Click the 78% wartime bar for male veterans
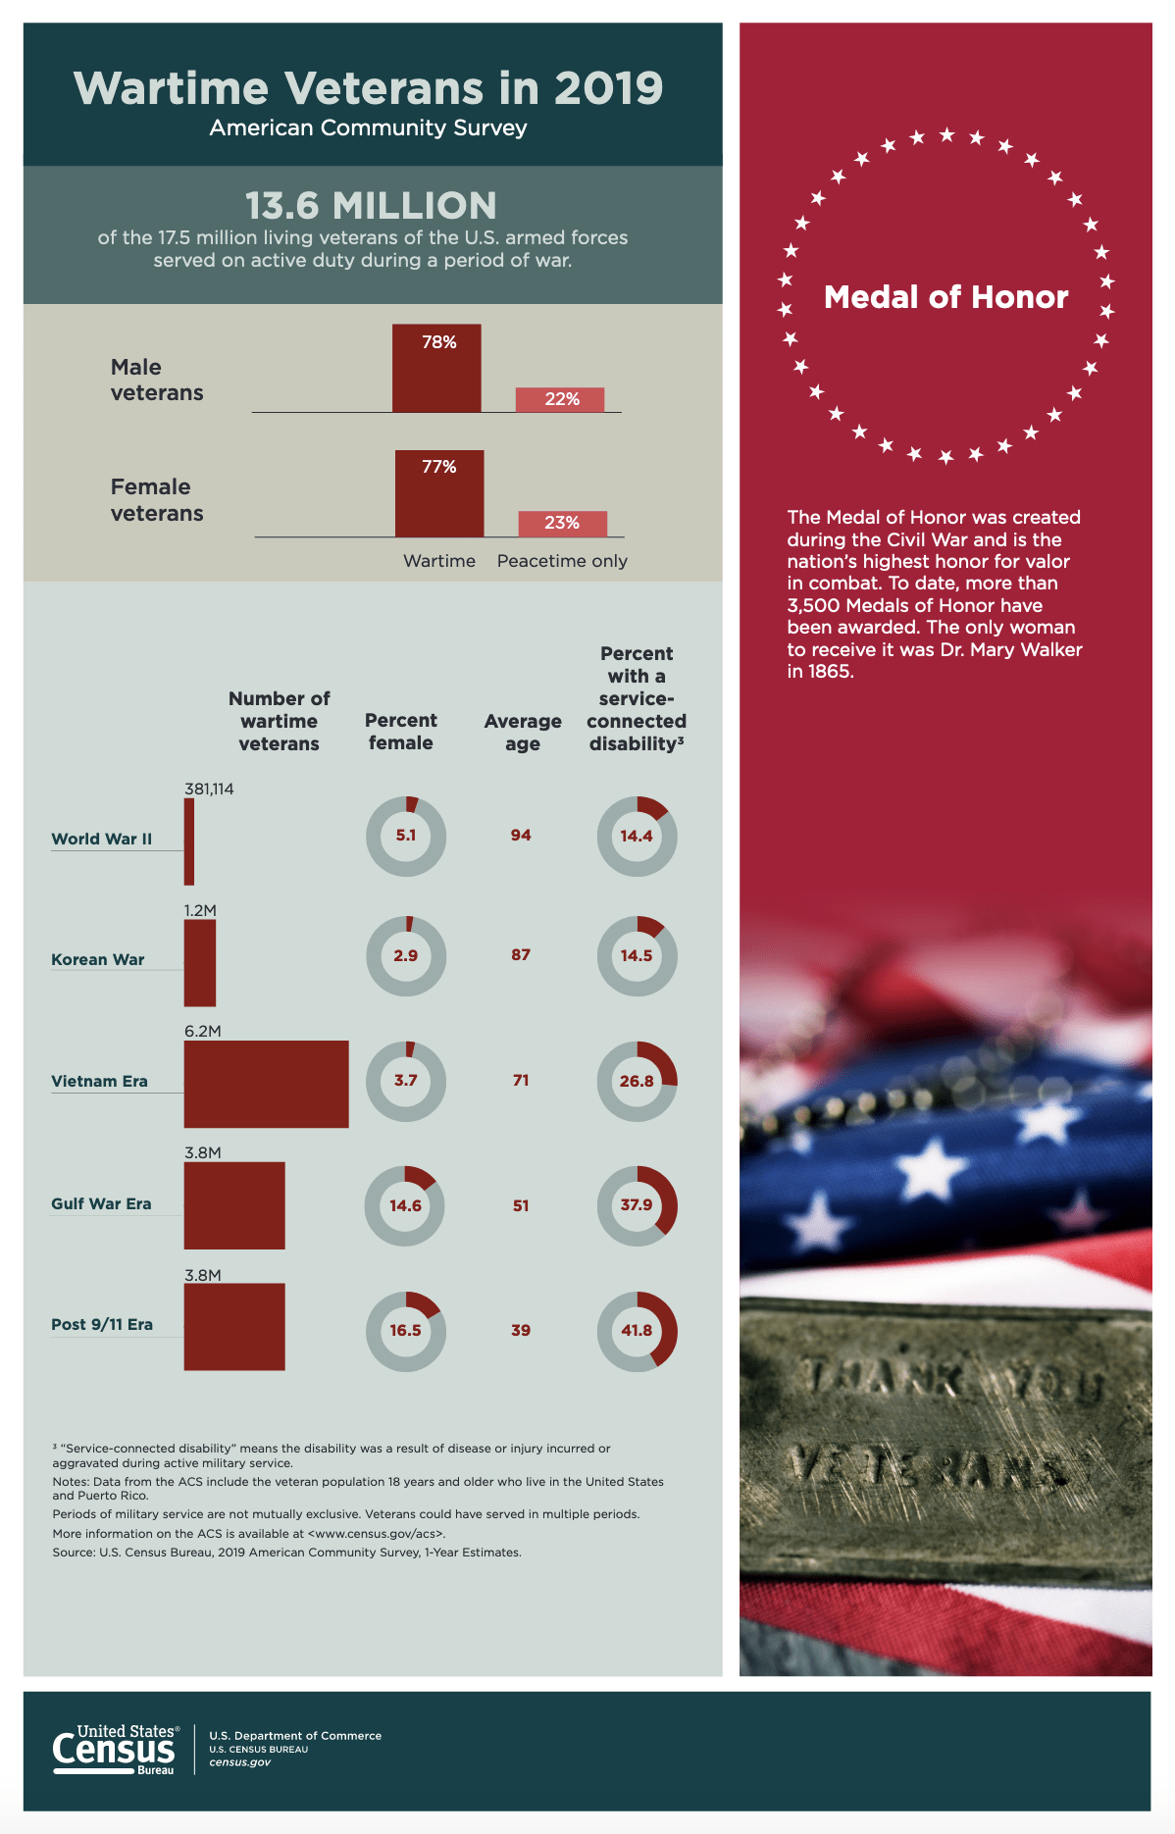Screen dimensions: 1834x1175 [x=436, y=368]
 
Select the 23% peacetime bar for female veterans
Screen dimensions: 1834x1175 [x=562, y=524]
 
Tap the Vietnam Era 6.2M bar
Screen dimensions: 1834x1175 [x=266, y=1084]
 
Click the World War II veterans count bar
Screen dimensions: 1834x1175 [x=189, y=841]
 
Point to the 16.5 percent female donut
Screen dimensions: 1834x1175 [x=405, y=1331]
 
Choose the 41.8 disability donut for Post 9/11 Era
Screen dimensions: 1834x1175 [x=637, y=1331]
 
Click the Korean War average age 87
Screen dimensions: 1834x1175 [x=521, y=955]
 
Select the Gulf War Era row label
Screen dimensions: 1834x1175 [x=101, y=1204]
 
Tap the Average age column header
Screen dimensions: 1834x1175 [x=523, y=732]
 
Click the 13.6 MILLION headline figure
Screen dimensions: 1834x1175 [x=371, y=206]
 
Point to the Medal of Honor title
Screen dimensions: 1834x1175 [x=945, y=297]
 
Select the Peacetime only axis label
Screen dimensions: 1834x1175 [x=562, y=561]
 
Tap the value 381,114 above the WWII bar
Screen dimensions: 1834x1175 [x=209, y=789]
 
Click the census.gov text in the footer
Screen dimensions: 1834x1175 [x=239, y=1762]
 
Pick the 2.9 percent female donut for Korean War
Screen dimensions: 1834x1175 [x=405, y=955]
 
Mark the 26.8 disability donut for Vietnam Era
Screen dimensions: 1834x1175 [x=637, y=1081]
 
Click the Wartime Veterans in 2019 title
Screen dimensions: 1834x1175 [x=369, y=88]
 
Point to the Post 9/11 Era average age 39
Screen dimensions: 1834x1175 [x=521, y=1331]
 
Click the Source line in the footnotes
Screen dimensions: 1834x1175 [x=286, y=1553]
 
